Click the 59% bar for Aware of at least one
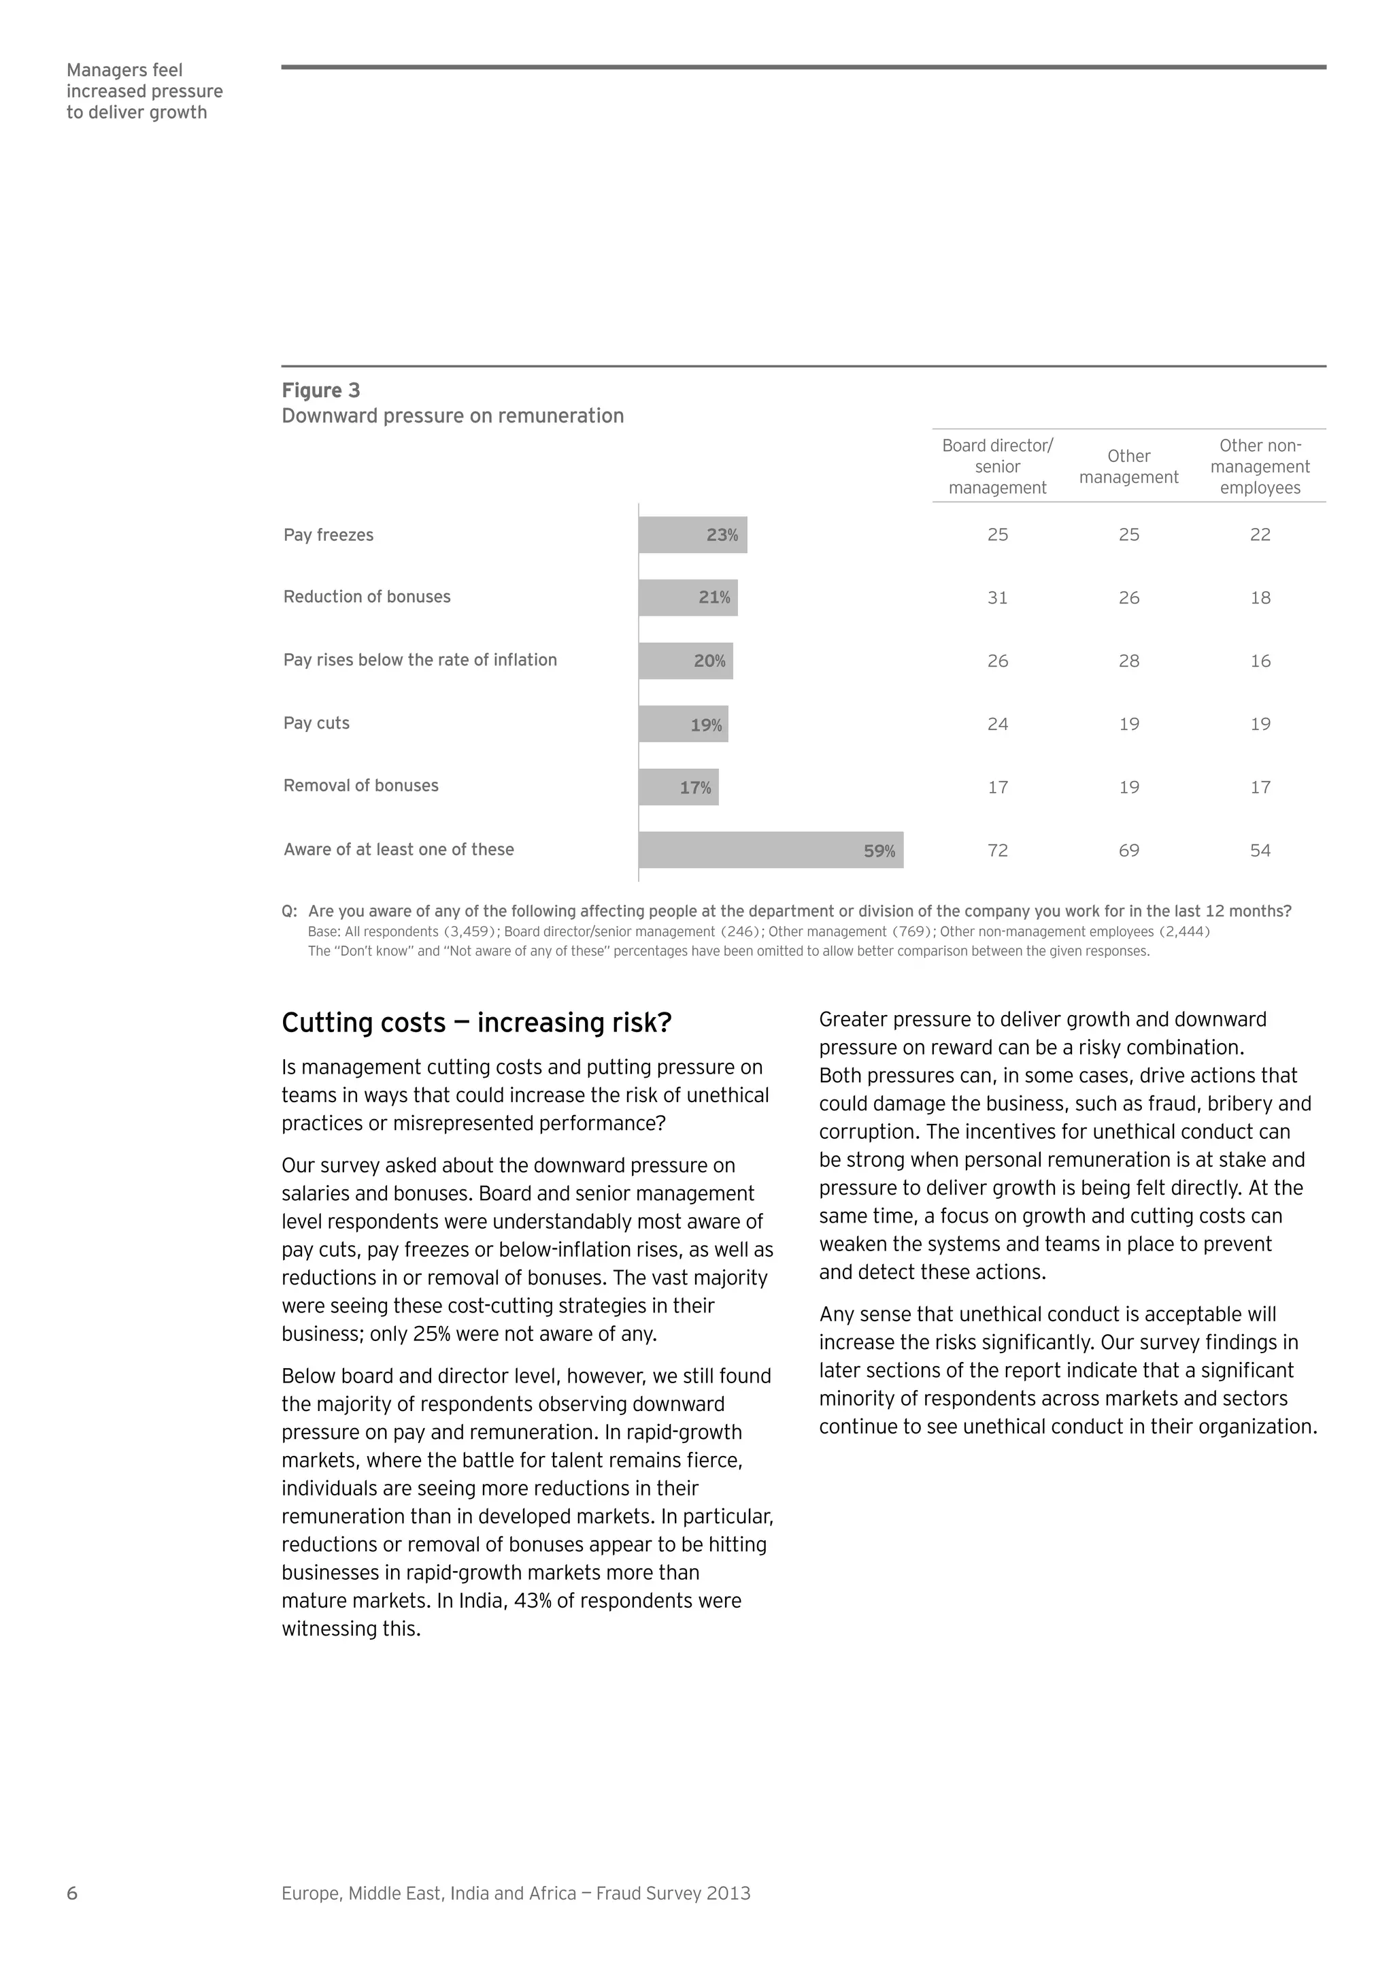770,850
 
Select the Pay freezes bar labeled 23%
692,535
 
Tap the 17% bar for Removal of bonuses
678,787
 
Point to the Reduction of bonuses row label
367,597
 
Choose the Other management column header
1128,467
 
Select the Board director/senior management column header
996,466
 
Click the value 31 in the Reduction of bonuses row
996,597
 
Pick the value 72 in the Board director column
996,850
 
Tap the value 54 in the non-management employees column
1259,850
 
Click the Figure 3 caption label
320,391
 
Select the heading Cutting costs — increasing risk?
476,1023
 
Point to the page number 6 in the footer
72,1893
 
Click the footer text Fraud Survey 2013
673,1893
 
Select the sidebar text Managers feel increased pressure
144,91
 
